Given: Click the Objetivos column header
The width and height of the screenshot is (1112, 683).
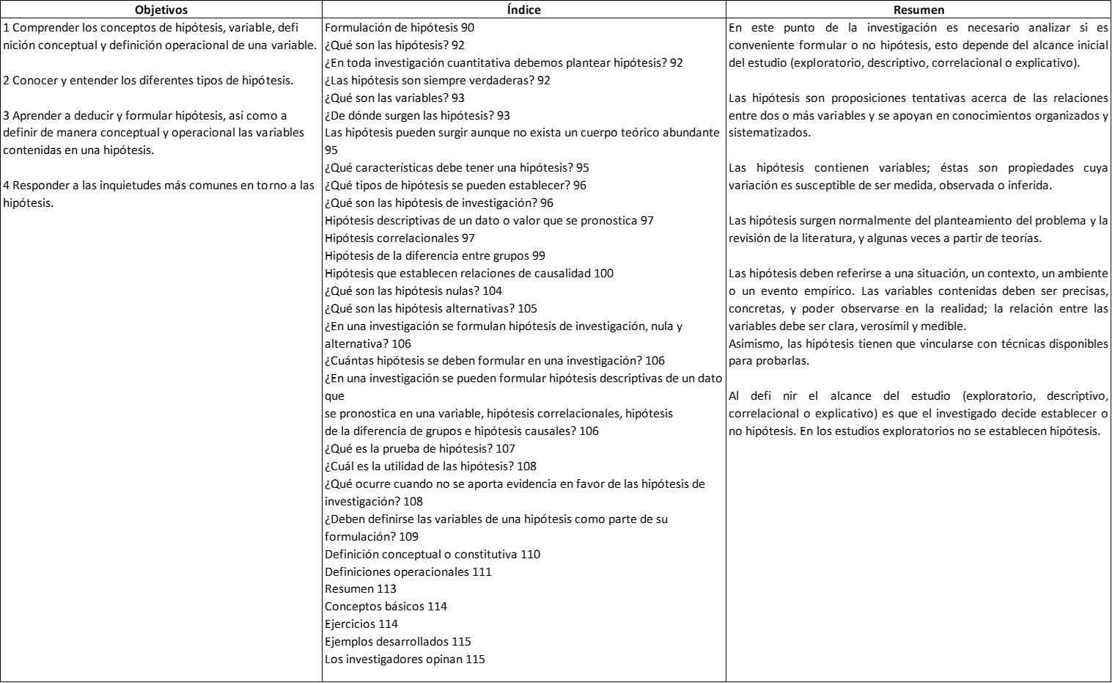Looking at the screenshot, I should pos(161,10).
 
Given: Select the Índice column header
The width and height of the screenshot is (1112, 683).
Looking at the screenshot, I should pos(523,10).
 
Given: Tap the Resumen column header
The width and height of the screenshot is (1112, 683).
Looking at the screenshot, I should pos(918,10).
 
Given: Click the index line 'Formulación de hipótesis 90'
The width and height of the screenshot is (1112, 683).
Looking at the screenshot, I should pos(399,28).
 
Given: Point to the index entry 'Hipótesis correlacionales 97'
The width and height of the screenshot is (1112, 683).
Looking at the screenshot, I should pos(399,238).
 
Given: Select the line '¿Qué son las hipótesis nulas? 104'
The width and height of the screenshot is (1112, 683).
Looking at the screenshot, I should pos(413,291).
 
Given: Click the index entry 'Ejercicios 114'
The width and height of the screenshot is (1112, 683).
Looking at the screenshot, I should pos(361,624).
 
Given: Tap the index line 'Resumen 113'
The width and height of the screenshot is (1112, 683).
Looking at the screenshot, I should pos(361,589).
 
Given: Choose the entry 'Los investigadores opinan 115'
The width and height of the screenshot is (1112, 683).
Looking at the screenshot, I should pos(405,660).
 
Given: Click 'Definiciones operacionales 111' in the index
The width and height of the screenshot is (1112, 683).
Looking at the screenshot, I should pos(408,572).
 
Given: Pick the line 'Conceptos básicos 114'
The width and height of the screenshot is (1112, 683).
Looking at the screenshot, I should pos(386,607).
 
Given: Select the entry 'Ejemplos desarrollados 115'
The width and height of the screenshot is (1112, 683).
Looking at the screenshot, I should pos(398,642).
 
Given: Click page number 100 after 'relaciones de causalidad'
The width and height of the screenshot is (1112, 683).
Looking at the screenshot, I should pos(604,274).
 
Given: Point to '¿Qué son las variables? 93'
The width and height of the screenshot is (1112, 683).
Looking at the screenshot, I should pos(394,98).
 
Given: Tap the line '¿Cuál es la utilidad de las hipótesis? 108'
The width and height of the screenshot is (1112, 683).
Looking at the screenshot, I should pos(430,467).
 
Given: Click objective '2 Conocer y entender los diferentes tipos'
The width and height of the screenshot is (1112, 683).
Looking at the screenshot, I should pos(148,81).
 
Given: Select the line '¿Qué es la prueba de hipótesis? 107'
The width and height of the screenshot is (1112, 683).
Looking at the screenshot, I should pos(420,449).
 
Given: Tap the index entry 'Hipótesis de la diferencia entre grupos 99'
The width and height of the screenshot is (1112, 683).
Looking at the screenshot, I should pos(435,256).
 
